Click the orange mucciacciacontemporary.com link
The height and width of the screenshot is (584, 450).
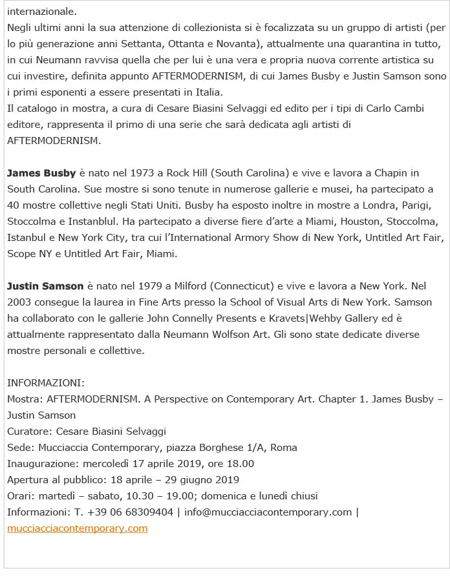pos(78,528)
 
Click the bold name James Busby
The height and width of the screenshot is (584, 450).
pos(41,173)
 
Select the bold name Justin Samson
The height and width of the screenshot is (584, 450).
pos(45,286)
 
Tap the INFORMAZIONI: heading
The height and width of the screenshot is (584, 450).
pos(46,383)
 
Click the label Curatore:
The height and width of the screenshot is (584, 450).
pos(30,432)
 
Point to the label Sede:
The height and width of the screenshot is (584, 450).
pos(21,448)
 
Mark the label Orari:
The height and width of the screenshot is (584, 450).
pos(21,496)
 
